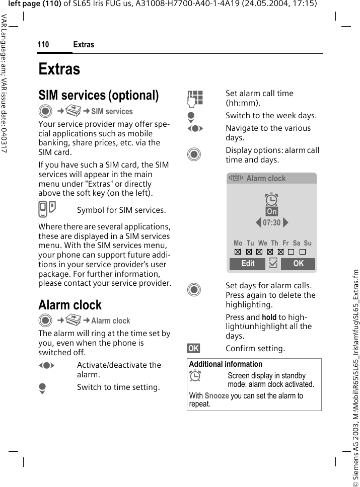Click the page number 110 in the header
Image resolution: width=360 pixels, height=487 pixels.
pos(43,45)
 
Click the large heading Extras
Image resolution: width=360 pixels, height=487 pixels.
pos(59,68)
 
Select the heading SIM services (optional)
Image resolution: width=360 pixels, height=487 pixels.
pos(99,95)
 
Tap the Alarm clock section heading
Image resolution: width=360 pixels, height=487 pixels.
pos(70,305)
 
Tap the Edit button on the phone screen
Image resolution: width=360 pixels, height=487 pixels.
pos(248,264)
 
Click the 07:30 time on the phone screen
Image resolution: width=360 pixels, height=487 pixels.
pos(272,222)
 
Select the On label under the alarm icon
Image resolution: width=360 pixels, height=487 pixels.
pos(272,211)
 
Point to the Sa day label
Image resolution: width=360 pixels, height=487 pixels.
pos(297,243)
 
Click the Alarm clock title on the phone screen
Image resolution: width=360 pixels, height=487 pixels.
pos(266,179)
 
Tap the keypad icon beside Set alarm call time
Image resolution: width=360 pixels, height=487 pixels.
pos(195,98)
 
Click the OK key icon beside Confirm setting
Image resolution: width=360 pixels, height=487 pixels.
pos(193,348)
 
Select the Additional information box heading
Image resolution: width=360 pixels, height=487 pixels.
pos(226,364)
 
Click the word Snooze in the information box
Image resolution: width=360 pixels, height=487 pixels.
pos(217,396)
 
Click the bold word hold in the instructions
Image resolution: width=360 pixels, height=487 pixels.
pos(269,317)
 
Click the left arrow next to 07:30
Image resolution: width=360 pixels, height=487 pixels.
pos(258,222)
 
